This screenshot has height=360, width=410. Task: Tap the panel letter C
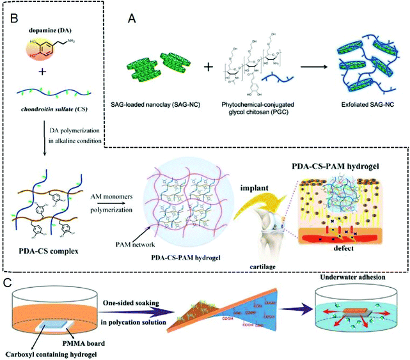(x=7, y=282)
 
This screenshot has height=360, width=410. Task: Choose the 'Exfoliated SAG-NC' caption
(x=361, y=104)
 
